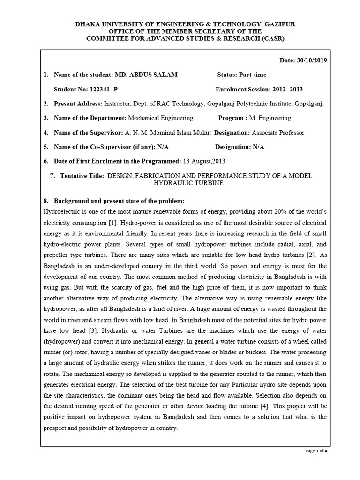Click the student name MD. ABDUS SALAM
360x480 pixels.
click(146, 75)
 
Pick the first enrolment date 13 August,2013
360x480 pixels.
click(204, 161)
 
